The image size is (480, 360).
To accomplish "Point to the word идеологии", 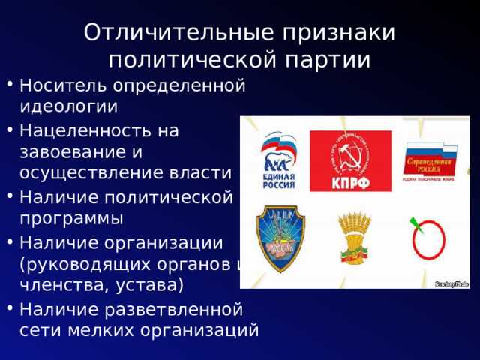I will (x=67, y=106).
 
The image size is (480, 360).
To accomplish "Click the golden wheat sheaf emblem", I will (x=351, y=238).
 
